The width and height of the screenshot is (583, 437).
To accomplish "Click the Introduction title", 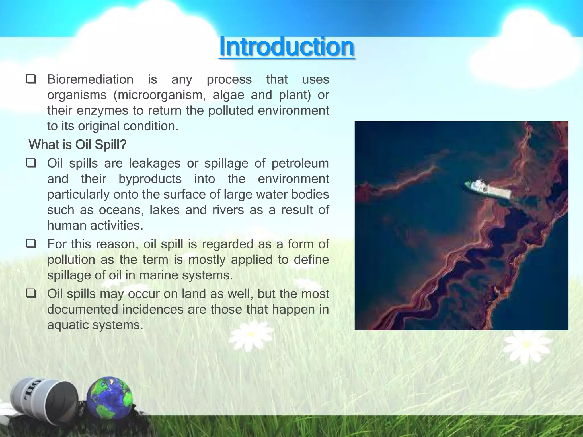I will [x=287, y=47].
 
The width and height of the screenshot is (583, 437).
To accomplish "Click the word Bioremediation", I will [x=90, y=79].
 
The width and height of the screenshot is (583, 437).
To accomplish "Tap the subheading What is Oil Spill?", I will [x=77, y=145].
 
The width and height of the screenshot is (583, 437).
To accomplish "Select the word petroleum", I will [x=300, y=164].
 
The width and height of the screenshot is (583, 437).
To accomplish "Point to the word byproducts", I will [x=150, y=179].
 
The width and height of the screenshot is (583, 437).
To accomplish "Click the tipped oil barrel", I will [x=45, y=398].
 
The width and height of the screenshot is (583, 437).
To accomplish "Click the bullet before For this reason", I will [x=31, y=244].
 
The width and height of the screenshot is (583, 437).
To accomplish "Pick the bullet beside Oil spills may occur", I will [x=31, y=293].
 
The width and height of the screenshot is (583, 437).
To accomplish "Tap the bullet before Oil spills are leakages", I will [x=31, y=163].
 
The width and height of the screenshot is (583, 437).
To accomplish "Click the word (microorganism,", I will [x=159, y=95].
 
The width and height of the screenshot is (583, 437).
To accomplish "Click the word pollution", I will [x=71, y=260].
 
